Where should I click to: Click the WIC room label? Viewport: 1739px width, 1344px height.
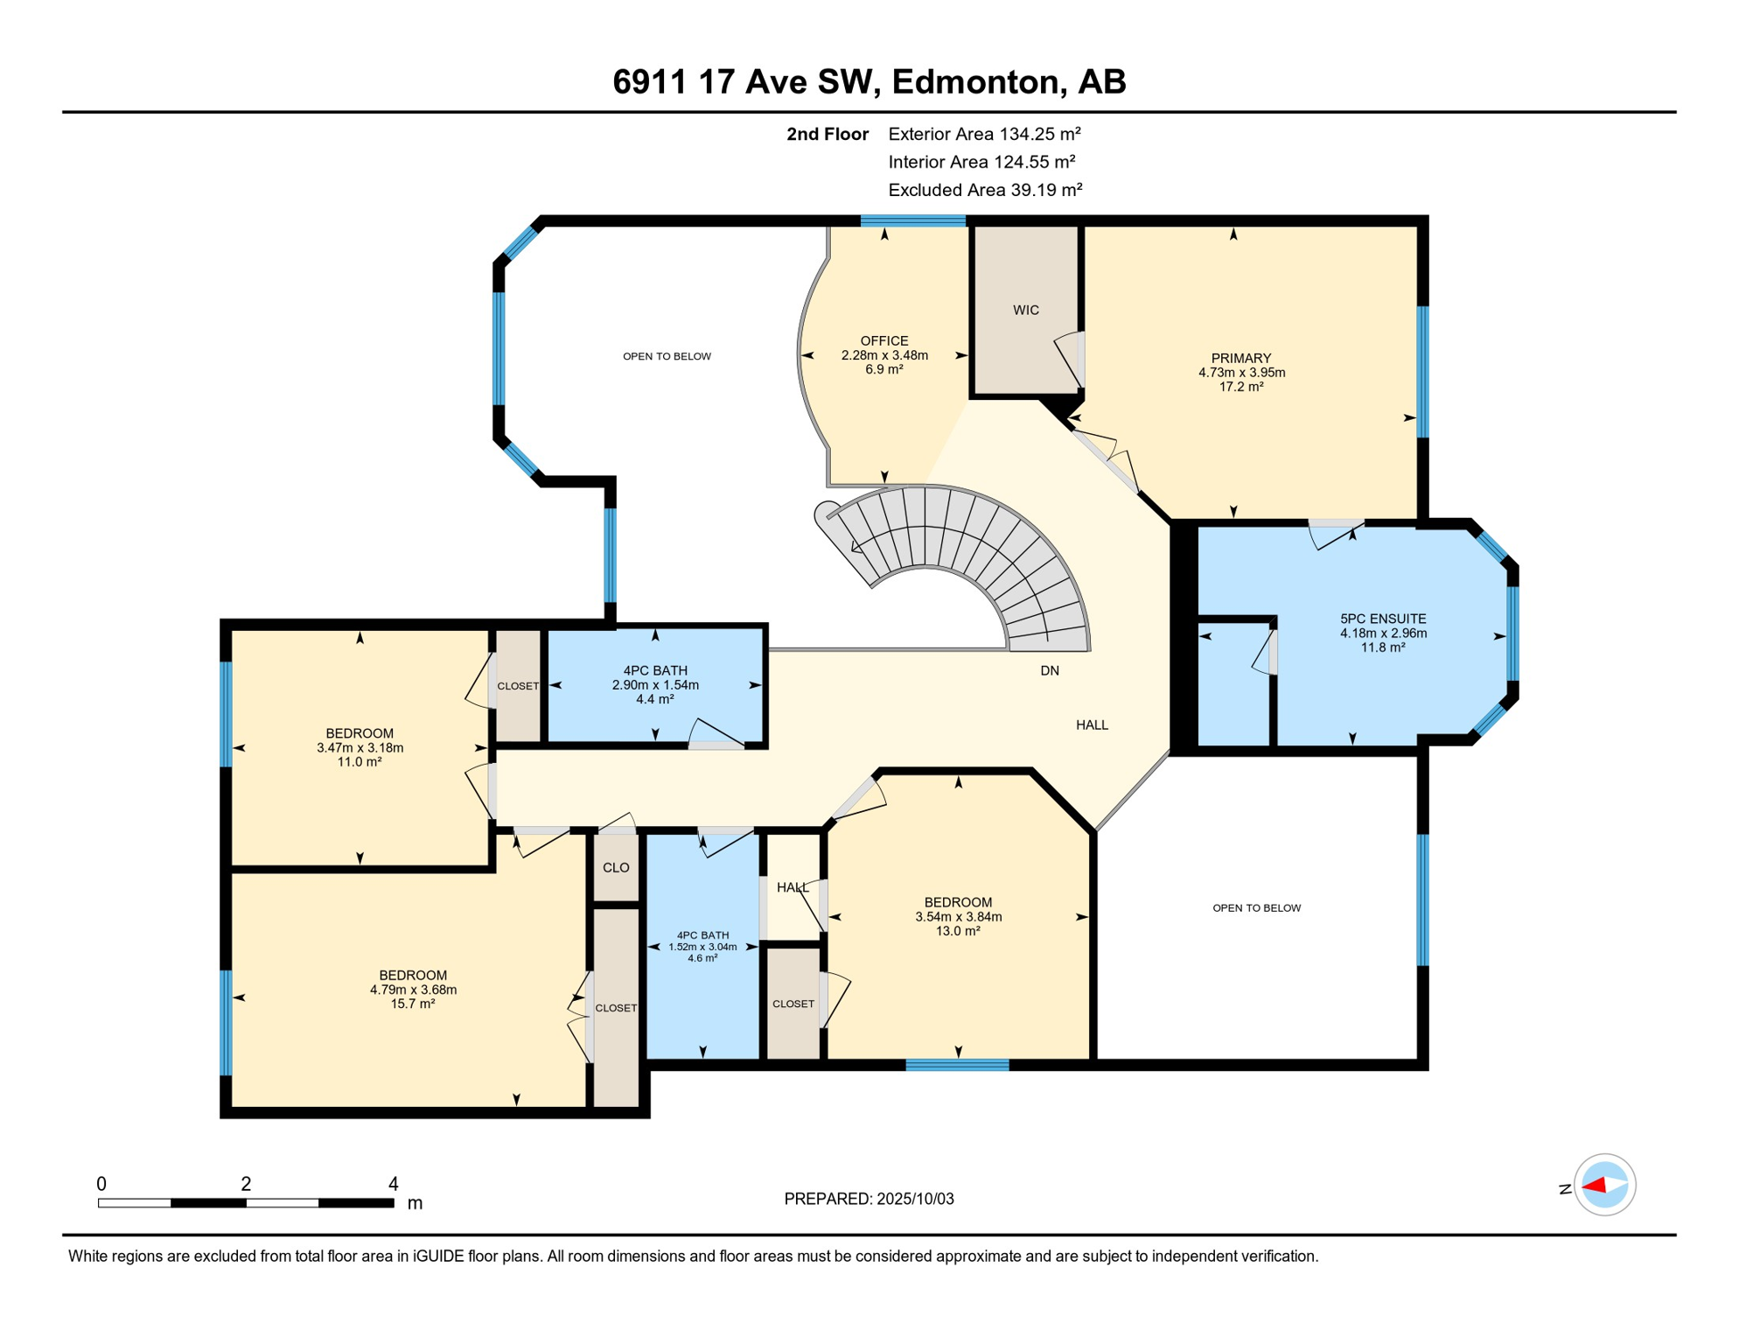click(x=1025, y=310)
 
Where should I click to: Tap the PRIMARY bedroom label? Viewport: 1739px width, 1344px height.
click(x=1240, y=358)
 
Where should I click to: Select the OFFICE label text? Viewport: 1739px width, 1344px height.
click(x=884, y=341)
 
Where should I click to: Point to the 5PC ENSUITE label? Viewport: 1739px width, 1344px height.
click(x=1383, y=619)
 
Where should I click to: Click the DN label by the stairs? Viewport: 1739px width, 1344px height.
click(x=1050, y=671)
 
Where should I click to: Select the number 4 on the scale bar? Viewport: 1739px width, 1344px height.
click(x=394, y=1184)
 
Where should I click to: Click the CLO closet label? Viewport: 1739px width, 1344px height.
click(x=616, y=868)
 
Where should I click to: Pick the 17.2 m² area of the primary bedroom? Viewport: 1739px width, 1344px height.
click(x=1240, y=387)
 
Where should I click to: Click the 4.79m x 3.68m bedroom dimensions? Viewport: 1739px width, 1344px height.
click(x=413, y=990)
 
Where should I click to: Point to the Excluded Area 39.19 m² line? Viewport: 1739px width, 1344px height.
click(x=985, y=190)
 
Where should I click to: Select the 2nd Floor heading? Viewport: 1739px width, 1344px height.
click(x=828, y=134)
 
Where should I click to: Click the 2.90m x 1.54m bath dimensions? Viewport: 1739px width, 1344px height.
click(x=655, y=685)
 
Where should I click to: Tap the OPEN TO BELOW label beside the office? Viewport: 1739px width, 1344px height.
click(x=667, y=356)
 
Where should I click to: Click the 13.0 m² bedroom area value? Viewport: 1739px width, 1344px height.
click(x=958, y=931)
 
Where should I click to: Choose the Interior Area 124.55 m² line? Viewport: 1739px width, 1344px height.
click(x=981, y=162)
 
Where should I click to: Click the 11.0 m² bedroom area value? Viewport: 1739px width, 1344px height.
click(x=360, y=762)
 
